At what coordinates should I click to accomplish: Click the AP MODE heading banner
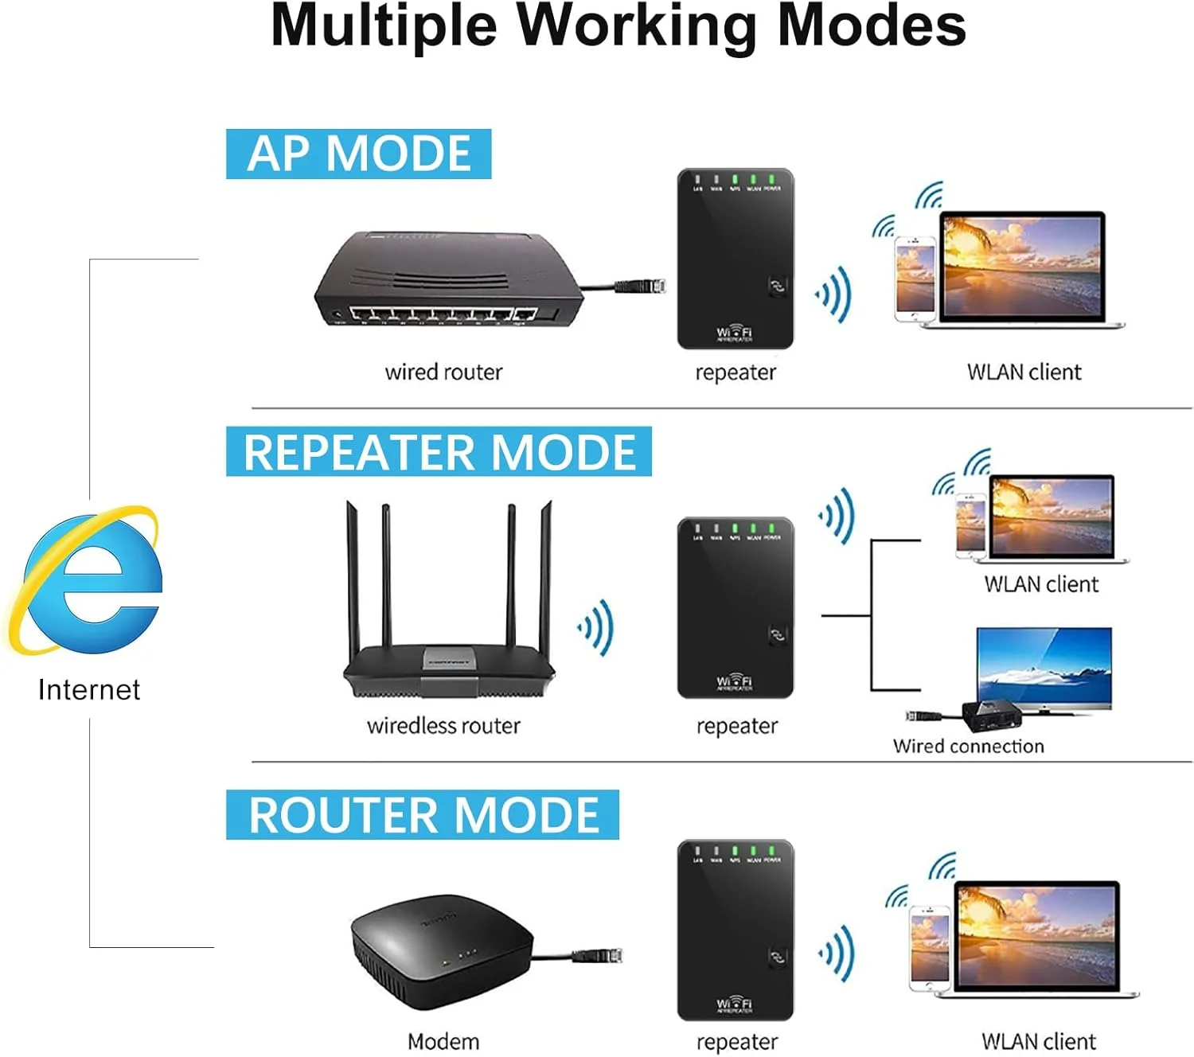click(358, 154)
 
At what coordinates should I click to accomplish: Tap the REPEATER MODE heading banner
click(439, 451)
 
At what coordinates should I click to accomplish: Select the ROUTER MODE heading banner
click(423, 814)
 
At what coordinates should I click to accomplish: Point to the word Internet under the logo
click(88, 689)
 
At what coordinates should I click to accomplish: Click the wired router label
click(443, 372)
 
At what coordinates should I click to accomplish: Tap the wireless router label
click(443, 725)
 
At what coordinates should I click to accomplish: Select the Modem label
click(443, 1041)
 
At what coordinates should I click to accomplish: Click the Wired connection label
click(968, 746)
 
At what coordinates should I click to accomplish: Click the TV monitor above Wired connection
click(1044, 667)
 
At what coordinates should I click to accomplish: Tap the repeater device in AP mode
click(735, 259)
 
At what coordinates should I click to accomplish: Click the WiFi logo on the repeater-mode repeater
click(734, 682)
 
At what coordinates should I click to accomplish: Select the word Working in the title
click(636, 25)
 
